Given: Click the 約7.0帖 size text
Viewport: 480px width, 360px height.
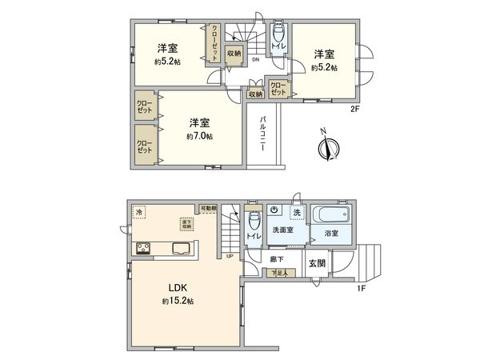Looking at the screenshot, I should (199, 137).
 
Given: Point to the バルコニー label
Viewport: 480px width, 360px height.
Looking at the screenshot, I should (262, 135).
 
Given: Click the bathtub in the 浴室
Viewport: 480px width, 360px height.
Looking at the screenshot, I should (331, 215).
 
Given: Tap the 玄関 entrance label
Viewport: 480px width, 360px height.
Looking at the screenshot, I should (317, 261).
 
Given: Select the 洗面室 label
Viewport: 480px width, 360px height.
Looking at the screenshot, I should (282, 230).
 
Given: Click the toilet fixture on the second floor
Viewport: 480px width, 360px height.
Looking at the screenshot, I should (278, 35).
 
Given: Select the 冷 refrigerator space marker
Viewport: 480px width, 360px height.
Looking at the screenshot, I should (140, 212).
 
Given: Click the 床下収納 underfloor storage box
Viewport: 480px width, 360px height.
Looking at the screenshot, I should (186, 224).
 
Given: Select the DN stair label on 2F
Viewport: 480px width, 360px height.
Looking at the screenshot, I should (255, 61).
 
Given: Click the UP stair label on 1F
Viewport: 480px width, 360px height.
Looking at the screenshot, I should (230, 256).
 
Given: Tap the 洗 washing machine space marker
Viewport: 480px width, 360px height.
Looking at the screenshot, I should (296, 213).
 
